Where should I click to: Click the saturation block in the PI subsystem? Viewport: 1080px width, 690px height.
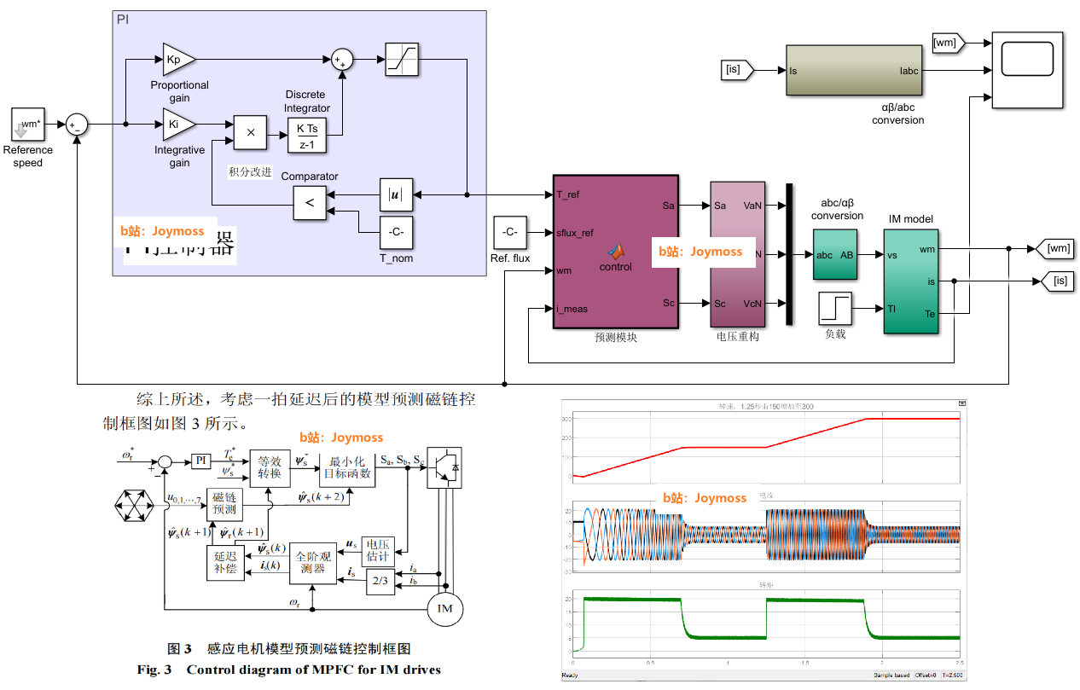401,59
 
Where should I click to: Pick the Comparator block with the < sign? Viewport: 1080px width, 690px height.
309,203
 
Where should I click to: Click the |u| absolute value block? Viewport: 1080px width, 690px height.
396,194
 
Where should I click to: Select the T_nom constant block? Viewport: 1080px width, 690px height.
396,232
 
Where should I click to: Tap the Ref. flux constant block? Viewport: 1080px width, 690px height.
510,233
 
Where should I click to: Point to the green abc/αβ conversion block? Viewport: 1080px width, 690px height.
835,255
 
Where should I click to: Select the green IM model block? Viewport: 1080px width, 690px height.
910,281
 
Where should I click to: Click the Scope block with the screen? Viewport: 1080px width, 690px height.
1026,70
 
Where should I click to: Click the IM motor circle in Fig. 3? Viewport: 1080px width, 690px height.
444,609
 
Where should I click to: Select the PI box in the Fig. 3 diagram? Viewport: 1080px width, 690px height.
201,461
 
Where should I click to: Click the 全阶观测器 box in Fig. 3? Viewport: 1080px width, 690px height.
313,564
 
